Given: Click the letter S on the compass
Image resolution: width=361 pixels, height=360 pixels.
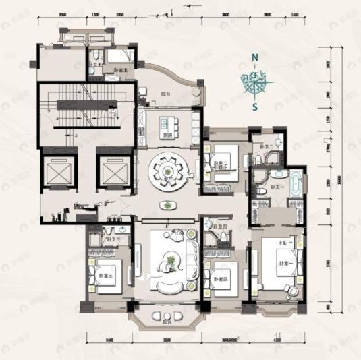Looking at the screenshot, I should coord(254,107).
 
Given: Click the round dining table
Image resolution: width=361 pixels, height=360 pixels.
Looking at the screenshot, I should coord(167,173).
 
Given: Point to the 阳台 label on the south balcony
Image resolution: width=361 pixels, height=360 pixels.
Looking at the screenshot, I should coord(166,322).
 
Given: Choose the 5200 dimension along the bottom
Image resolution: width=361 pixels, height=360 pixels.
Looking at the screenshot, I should coord(165,341).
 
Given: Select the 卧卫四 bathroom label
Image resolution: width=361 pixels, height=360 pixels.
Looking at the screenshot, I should coord(217,227).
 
